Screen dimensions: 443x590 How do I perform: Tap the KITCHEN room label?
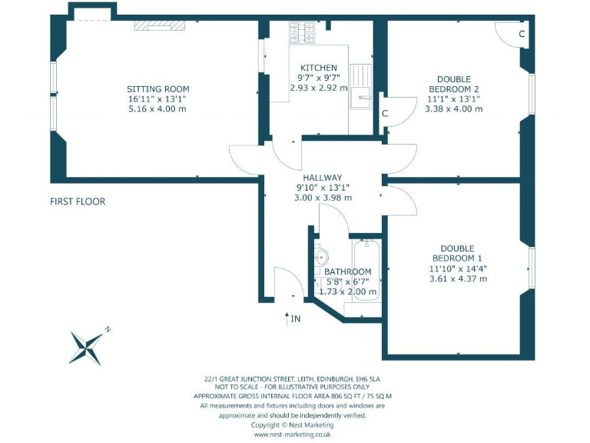(x=318, y=68)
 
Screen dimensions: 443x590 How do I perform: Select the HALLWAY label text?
(x=323, y=178)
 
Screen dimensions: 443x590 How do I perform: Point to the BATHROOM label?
(x=347, y=271)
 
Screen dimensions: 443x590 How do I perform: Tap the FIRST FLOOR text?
(x=78, y=202)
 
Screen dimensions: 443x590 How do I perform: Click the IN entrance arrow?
(x=287, y=318)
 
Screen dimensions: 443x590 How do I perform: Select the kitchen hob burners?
(x=300, y=32)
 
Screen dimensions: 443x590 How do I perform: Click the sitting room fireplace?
(x=160, y=25)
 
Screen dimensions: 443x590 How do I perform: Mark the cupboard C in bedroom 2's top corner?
(x=522, y=34)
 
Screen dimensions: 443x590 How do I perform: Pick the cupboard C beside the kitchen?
(x=385, y=114)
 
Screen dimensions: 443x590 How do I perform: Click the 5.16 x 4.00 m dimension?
(x=157, y=108)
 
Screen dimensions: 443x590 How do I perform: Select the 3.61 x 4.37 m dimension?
(x=458, y=278)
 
